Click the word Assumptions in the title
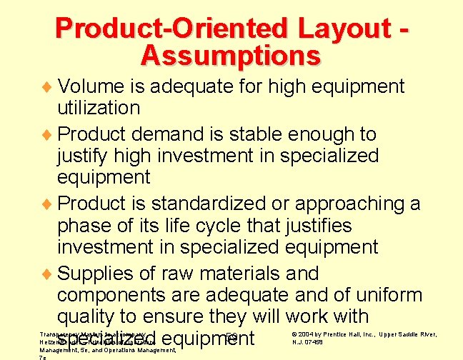pyautogui.click(x=231, y=54)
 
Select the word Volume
pyautogui.click(x=91, y=86)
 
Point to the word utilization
pyautogui.click(x=99, y=109)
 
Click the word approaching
pyautogui.click(x=348, y=204)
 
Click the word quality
pyautogui.click(x=89, y=316)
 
